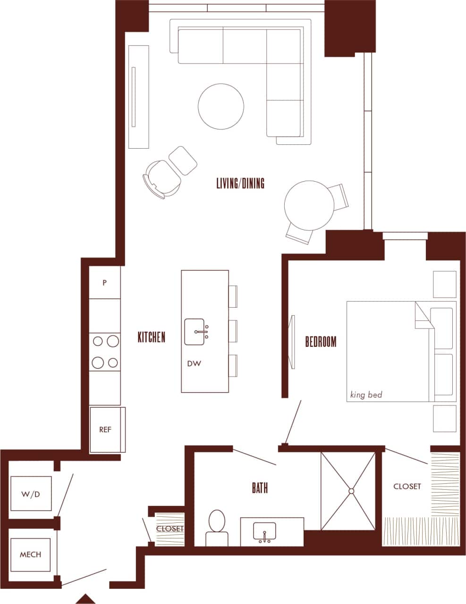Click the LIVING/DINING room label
(x=240, y=183)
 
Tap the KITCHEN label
(x=152, y=337)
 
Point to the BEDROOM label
(x=321, y=341)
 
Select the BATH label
(x=260, y=488)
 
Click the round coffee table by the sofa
(x=221, y=106)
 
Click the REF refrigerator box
(x=105, y=430)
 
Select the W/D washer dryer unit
(x=31, y=494)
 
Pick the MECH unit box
(x=30, y=554)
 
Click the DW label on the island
(x=194, y=364)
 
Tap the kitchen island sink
(x=195, y=332)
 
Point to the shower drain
(x=351, y=491)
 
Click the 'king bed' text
(x=366, y=394)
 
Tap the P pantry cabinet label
(x=105, y=283)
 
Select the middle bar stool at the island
(x=233, y=330)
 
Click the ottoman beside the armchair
(x=183, y=160)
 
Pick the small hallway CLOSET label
(x=169, y=529)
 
